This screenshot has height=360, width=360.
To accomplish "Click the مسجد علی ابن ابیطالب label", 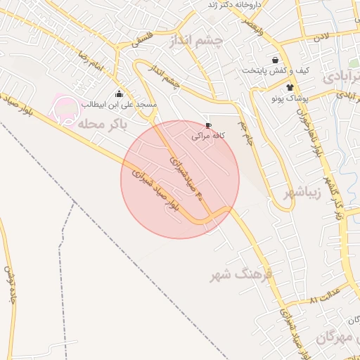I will coord(118,104).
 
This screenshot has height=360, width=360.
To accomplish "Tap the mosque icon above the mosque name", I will coord(118,94).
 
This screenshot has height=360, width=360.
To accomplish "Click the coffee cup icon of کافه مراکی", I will coord(207,125).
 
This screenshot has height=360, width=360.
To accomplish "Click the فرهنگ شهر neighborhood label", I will coord(240,275).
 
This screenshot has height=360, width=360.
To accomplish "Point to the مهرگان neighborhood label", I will coord(334,337).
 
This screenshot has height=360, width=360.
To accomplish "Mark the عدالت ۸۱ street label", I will coord(325,298).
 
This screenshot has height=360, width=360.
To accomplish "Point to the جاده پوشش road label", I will coord(10,285).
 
